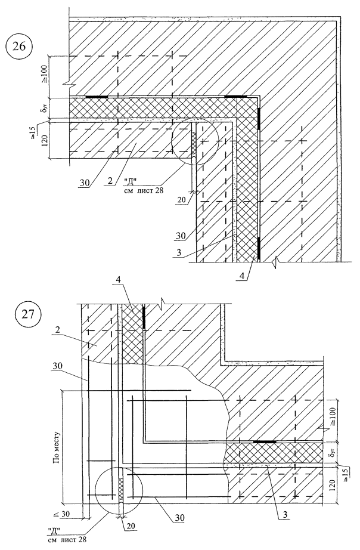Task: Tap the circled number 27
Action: coord(28,314)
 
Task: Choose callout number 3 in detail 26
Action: coord(179,254)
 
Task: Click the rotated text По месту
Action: coord(57,447)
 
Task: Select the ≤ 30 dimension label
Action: coord(62,514)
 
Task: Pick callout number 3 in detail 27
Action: coord(285,515)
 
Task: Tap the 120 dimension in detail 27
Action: coord(333,484)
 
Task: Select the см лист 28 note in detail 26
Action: coord(140,190)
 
